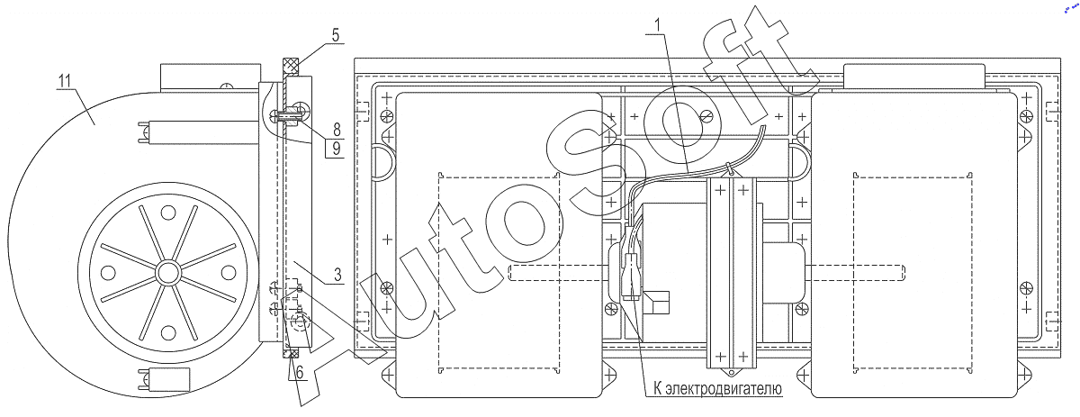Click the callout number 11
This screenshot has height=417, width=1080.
tap(65, 80)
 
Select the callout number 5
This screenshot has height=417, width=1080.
tap(336, 35)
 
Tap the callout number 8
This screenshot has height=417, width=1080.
tap(337, 130)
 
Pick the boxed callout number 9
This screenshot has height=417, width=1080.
tap(337, 149)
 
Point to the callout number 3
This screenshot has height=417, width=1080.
tap(337, 275)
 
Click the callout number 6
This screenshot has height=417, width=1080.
tap(300, 372)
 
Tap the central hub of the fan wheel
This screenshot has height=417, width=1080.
tap(167, 273)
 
